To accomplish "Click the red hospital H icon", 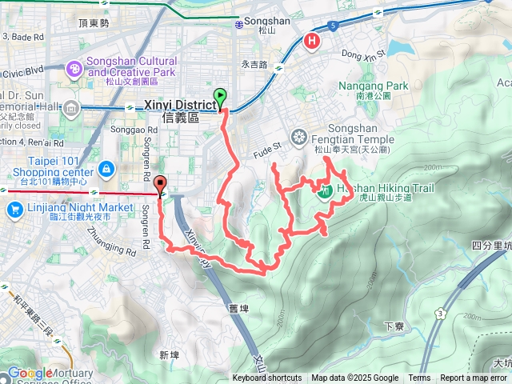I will coord(312,40).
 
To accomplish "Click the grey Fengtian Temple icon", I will coord(299,138).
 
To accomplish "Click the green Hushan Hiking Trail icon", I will coord(326,191).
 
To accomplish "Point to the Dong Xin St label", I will coord(362,54).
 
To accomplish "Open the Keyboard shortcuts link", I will coord(266,378).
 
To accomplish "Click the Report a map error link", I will coord(474,378).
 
